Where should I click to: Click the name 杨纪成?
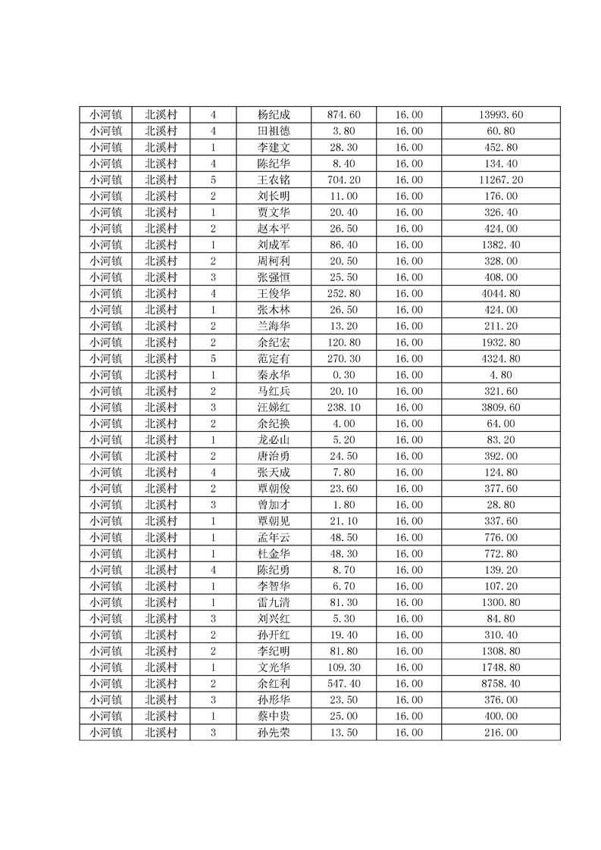274,115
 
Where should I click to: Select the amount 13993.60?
501,115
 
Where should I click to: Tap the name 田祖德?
274,131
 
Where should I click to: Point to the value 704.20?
343,180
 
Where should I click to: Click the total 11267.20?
501,180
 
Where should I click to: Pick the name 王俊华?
274,294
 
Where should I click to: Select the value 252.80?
343,294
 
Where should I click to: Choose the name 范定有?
274,359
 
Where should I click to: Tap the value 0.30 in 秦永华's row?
343,375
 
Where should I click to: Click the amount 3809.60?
501,408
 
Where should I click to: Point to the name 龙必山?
274,440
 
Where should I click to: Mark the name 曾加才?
274,505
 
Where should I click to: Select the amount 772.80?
501,554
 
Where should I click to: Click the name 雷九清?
274,602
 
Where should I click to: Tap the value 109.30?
343,667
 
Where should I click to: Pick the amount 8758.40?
501,684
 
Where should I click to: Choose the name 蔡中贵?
274,717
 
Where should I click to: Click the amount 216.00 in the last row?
501,733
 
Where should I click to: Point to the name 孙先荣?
274,733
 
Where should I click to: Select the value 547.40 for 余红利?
343,684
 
